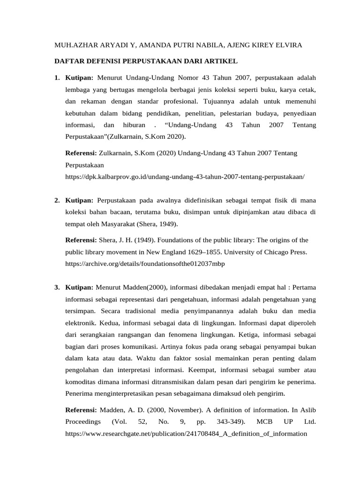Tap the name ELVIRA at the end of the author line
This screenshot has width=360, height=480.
[x=287, y=45]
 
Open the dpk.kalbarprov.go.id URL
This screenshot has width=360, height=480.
[x=185, y=177]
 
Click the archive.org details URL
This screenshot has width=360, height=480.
[x=145, y=263]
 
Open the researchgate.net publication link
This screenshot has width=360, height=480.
[x=186, y=434]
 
